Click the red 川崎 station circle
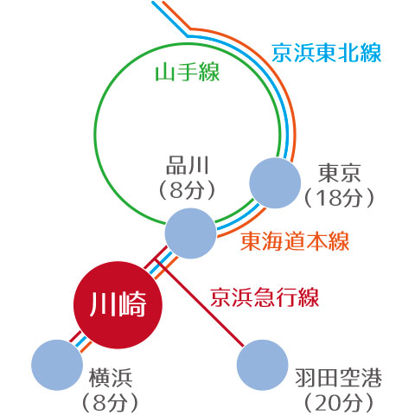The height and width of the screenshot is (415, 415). [x=118, y=304]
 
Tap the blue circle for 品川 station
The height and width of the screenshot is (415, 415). [x=190, y=233]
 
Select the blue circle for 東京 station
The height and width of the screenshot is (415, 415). [x=275, y=182]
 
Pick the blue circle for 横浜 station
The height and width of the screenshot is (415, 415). [x=57, y=365]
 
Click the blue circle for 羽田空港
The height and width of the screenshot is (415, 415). [x=262, y=365]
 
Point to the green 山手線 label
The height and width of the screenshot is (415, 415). [x=188, y=72]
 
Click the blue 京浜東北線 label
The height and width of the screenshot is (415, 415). [x=327, y=53]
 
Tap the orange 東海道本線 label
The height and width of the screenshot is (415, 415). [x=295, y=241]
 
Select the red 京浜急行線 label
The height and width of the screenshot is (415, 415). [x=265, y=297]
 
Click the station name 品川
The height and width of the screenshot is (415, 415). [x=188, y=165]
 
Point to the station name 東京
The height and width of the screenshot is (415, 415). [x=339, y=173]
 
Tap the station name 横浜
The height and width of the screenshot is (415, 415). [x=111, y=378]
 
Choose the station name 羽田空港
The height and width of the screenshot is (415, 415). [x=339, y=378]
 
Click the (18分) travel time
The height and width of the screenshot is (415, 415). [x=339, y=198]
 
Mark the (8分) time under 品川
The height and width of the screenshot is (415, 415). [x=188, y=190]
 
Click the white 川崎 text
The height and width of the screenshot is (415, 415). [x=118, y=304]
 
